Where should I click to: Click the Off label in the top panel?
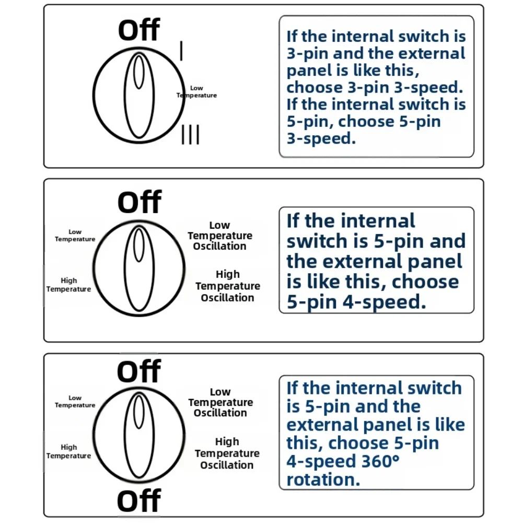pyautogui.click(x=139, y=30)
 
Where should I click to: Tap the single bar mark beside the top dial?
pyautogui.click(x=181, y=51)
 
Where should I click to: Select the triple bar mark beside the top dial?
pyautogui.click(x=190, y=134)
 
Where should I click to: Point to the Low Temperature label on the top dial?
pyautogui.click(x=196, y=92)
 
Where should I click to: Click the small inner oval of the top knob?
pyautogui.click(x=139, y=72)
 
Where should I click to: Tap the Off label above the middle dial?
pyautogui.click(x=140, y=203)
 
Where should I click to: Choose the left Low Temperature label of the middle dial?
pyautogui.click(x=75, y=236)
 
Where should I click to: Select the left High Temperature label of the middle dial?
pyautogui.click(x=68, y=285)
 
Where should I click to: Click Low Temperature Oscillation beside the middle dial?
pyautogui.click(x=220, y=236)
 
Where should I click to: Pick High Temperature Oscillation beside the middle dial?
pyautogui.click(x=228, y=286)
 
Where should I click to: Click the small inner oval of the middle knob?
pyautogui.click(x=139, y=245)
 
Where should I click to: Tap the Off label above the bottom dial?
pyautogui.click(x=139, y=372)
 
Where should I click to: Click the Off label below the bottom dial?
pyautogui.click(x=139, y=502)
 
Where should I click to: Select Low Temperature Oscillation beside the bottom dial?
pyautogui.click(x=220, y=402)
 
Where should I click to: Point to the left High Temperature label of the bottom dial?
pyautogui.click(x=68, y=451)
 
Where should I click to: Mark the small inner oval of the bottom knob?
pyautogui.click(x=139, y=411)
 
